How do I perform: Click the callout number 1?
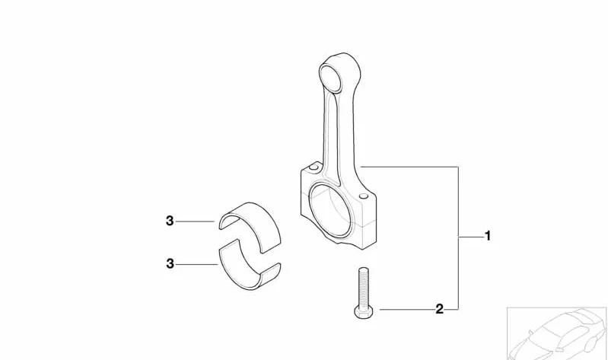pos(488,236)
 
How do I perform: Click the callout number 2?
pos(439,309)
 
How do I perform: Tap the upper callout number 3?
pos(170,221)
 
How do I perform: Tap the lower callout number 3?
pos(170,264)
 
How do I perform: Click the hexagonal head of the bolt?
pos(364,312)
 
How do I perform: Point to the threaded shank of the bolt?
pos(363,287)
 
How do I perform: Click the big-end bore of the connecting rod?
pos(330,211)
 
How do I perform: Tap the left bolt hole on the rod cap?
pos(314,167)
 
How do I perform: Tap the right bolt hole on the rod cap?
pos(364,196)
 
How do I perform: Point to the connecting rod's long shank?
pos(340,128)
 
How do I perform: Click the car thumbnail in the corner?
pos(557,333)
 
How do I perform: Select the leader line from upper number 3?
pos(195,221)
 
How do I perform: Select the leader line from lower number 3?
pos(197,264)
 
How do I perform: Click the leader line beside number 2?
pos(407,309)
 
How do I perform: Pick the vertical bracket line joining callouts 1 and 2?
pos(458,238)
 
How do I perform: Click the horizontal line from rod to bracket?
pos(409,167)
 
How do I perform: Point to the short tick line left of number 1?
pos(471,236)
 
